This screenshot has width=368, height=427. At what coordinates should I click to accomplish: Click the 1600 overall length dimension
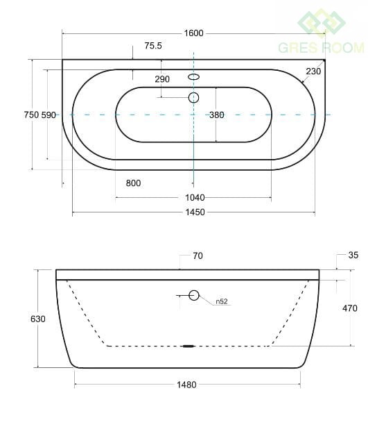194,33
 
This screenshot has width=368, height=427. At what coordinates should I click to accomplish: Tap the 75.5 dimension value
153,46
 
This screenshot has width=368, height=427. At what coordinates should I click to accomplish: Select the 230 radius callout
313,72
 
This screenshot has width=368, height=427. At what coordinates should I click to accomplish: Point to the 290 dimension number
162,79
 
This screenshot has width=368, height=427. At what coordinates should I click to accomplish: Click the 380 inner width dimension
217,115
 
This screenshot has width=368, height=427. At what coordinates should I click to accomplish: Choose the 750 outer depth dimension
31,115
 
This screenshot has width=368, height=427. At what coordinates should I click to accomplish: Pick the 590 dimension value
49,115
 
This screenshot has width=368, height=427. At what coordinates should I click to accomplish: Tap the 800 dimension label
133,183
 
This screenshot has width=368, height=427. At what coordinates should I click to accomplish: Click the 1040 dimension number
195,197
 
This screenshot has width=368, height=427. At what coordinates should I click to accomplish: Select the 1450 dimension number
195,212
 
